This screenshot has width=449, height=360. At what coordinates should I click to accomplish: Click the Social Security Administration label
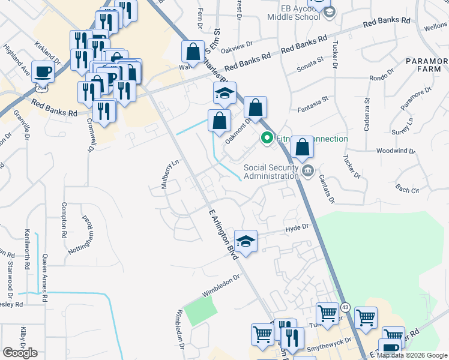pos(271,172)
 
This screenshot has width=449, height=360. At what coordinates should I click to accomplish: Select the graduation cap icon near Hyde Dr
pos(246,242)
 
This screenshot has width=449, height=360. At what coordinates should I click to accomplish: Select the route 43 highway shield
pos(345,307)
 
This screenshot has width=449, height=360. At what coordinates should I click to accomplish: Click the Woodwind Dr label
pos(394,151)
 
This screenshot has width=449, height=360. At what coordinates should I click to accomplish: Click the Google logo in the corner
pos(20,353)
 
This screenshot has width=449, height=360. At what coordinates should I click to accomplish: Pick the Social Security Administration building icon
pos(308,172)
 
